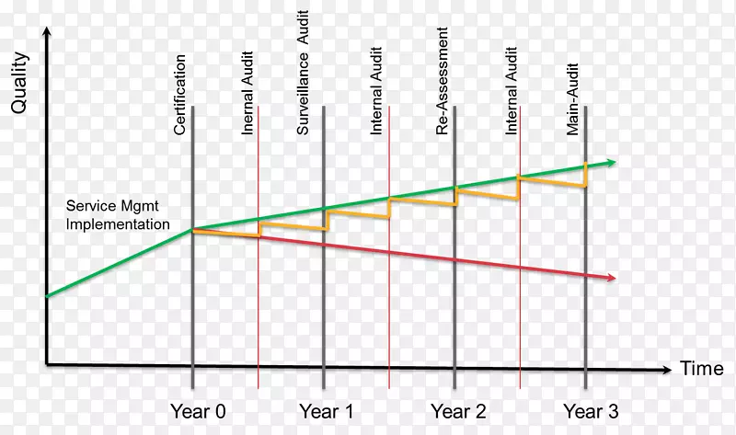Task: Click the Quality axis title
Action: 18,83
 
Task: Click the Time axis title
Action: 702,370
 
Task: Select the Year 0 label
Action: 197,411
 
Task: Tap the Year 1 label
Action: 327,411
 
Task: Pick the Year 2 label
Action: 457,411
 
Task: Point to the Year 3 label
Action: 591,411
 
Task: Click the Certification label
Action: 180,95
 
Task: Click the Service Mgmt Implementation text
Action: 118,216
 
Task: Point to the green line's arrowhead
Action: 611,163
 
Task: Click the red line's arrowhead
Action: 611,278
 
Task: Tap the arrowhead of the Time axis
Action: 666,371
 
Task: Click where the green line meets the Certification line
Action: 192,229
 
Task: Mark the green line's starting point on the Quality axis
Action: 47,296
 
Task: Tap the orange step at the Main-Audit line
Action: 586,177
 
